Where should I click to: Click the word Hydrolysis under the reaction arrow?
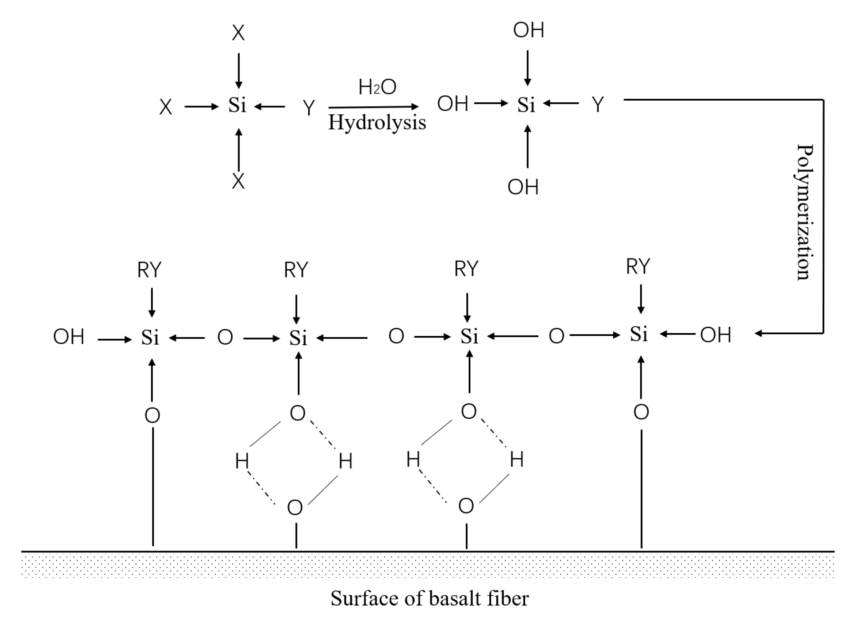click(x=377, y=123)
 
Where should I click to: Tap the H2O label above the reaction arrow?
click(x=377, y=87)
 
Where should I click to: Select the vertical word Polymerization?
click(x=805, y=212)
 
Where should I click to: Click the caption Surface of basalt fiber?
click(x=429, y=598)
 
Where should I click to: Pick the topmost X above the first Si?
click(x=238, y=33)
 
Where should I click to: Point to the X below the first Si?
click(x=238, y=182)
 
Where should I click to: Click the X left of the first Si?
click(x=166, y=108)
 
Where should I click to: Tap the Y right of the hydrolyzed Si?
click(x=598, y=105)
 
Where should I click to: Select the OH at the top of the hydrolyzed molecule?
click(x=529, y=30)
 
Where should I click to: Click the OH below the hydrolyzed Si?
click(x=523, y=187)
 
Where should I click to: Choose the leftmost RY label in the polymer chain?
click(x=149, y=270)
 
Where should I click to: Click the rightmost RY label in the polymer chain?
click(x=638, y=266)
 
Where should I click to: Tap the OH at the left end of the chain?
click(x=69, y=337)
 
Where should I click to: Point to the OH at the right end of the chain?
click(x=715, y=335)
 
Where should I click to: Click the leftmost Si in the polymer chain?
click(x=150, y=338)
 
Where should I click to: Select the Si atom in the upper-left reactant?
click(x=237, y=106)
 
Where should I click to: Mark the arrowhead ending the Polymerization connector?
click(x=758, y=334)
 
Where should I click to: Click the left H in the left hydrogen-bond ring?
click(x=242, y=461)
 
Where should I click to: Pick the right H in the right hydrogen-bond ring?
click(x=517, y=460)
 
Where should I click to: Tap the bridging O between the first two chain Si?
click(x=225, y=338)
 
